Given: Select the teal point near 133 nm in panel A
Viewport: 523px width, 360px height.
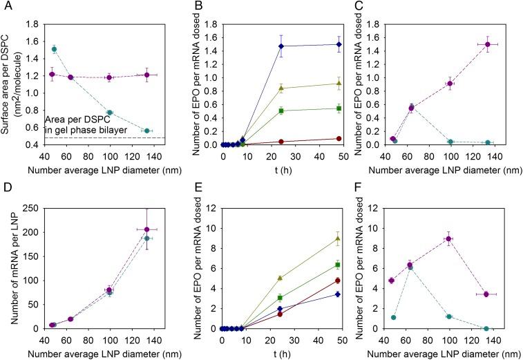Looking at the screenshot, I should [146, 131].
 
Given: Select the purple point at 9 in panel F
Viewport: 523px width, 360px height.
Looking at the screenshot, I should [448, 239].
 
